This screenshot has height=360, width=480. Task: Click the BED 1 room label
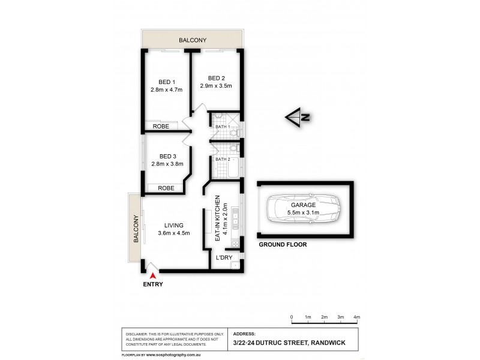click(166, 82)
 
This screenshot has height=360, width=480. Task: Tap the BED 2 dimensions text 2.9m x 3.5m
click(216, 86)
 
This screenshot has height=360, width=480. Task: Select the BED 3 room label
click(166, 156)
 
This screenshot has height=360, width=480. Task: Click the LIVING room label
click(174, 225)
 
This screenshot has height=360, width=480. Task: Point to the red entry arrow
click(152, 275)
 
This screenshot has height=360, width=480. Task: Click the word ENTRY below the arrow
click(152, 284)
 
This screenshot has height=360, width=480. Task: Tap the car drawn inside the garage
click(303, 210)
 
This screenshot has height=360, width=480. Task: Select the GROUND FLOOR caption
click(283, 245)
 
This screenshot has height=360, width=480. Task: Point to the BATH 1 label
click(223, 127)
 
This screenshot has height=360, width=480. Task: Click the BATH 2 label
click(223, 159)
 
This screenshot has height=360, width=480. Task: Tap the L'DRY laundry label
click(224, 258)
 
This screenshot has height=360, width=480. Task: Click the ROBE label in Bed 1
click(160, 127)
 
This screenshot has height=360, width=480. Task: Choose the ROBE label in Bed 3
click(166, 188)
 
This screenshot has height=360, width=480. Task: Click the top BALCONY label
click(193, 40)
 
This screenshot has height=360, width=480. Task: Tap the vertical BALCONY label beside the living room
click(136, 230)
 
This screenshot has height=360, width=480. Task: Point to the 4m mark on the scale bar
click(356, 316)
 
